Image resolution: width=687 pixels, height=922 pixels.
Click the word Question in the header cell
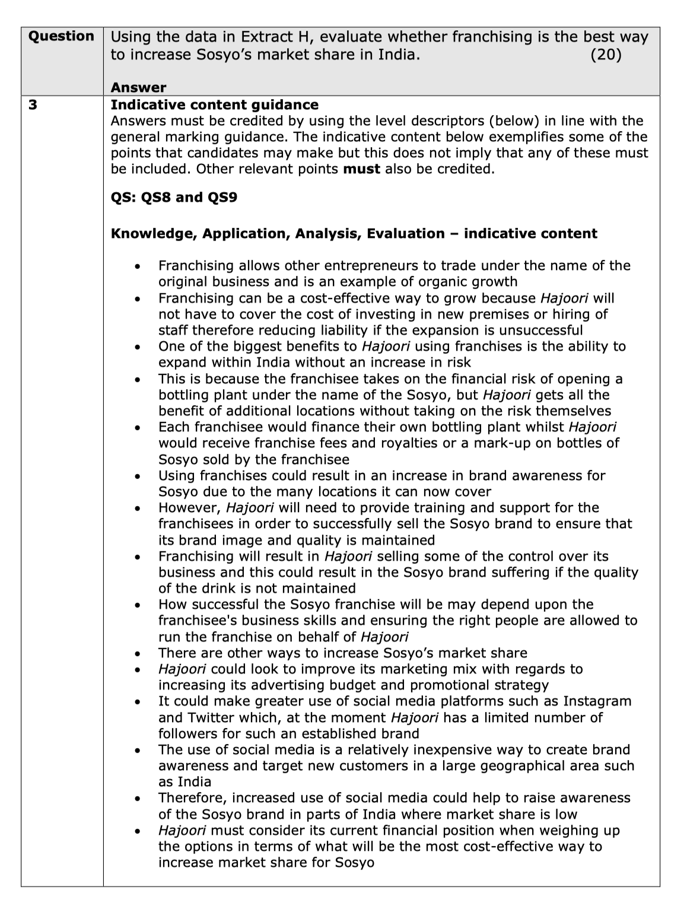tap(62, 36)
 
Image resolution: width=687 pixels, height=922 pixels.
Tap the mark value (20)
tap(606, 55)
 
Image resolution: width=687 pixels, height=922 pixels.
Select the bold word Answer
tap(139, 88)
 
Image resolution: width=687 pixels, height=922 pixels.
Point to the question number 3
tap(33, 105)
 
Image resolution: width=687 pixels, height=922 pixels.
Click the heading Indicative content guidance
tap(215, 105)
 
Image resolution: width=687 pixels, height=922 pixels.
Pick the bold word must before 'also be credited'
tap(362, 169)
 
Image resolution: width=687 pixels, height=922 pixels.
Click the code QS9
tap(221, 197)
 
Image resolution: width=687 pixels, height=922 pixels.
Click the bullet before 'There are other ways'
tap(138, 654)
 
